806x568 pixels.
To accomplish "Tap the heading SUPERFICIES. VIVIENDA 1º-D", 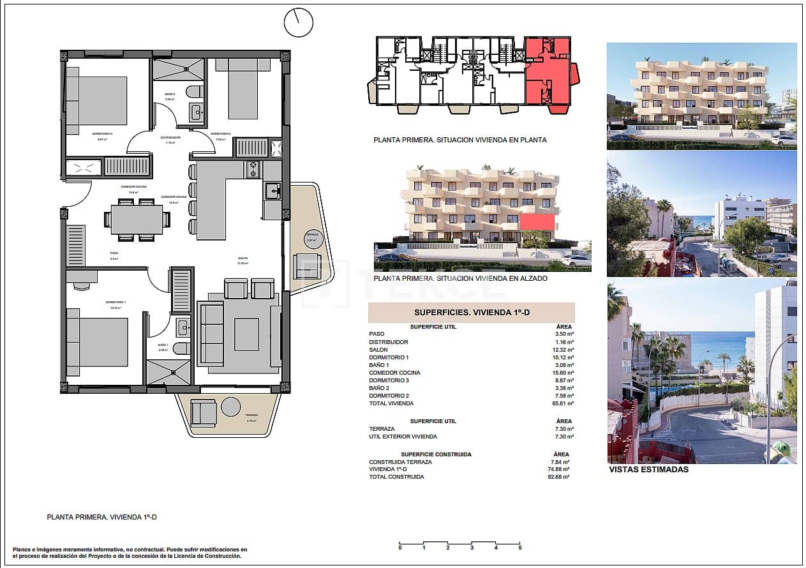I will click(471, 313).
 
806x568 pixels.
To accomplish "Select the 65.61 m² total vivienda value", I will click(563, 403).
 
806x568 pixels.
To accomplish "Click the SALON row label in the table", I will click(378, 350).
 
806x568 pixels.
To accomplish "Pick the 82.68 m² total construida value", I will click(559, 477).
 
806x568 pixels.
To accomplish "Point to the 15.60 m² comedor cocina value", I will click(563, 373).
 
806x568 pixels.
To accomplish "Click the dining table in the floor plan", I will click(137, 220).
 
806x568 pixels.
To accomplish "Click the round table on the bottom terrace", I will click(231, 407).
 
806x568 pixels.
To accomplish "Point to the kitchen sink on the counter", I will click(272, 190).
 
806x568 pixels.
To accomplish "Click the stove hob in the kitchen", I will click(253, 169).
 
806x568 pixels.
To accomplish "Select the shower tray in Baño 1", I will click(168, 371).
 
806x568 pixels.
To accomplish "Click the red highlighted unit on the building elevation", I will click(537, 222).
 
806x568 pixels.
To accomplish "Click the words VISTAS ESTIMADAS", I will click(649, 469).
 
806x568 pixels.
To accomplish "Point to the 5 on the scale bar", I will click(519, 548).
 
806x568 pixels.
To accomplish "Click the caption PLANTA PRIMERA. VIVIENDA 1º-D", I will click(102, 518).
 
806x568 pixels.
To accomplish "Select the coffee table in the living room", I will click(246, 334).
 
